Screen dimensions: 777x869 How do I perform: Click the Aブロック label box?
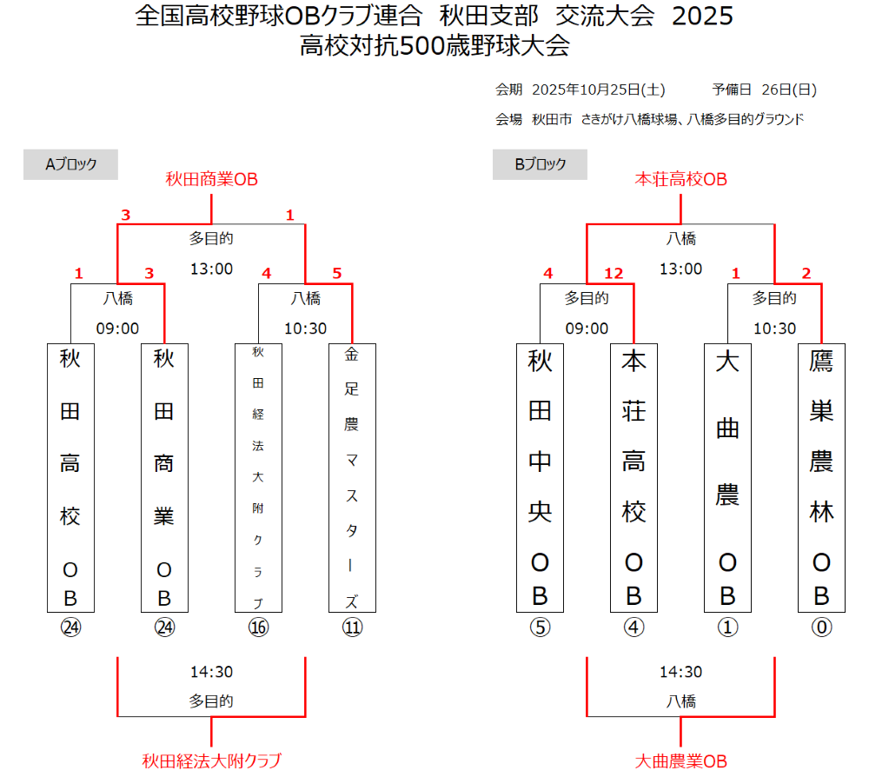pos(70,164)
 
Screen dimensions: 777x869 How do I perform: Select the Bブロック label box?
pos(540,164)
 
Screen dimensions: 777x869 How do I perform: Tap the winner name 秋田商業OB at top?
pos(212,179)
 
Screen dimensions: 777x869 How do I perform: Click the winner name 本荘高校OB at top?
pos(680,179)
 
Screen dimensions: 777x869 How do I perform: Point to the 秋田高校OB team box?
pos(70,477)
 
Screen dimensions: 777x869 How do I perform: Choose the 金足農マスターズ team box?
pos(352,477)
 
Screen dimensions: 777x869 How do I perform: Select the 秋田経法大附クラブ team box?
pos(258,477)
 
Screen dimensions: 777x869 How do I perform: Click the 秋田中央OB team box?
pos(540,477)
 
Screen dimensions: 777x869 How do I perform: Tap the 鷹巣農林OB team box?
pos(821,477)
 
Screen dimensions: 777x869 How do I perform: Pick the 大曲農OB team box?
pos(727,477)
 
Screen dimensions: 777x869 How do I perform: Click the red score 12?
pos(614,274)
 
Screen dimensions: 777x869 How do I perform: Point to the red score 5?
pos(336,274)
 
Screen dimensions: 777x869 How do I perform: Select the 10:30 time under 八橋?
pos(305,329)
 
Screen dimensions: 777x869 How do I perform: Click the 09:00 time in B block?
pos(587,329)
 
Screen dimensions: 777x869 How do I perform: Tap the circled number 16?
pos(258,628)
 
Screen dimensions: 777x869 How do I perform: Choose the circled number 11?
pos(352,628)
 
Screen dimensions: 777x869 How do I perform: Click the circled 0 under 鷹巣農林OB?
pos(821,628)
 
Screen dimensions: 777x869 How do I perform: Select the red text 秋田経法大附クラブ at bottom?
pos(212,760)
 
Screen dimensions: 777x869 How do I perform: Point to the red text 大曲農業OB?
pos(680,760)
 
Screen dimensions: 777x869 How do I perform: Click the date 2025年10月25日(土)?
pos(598,90)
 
